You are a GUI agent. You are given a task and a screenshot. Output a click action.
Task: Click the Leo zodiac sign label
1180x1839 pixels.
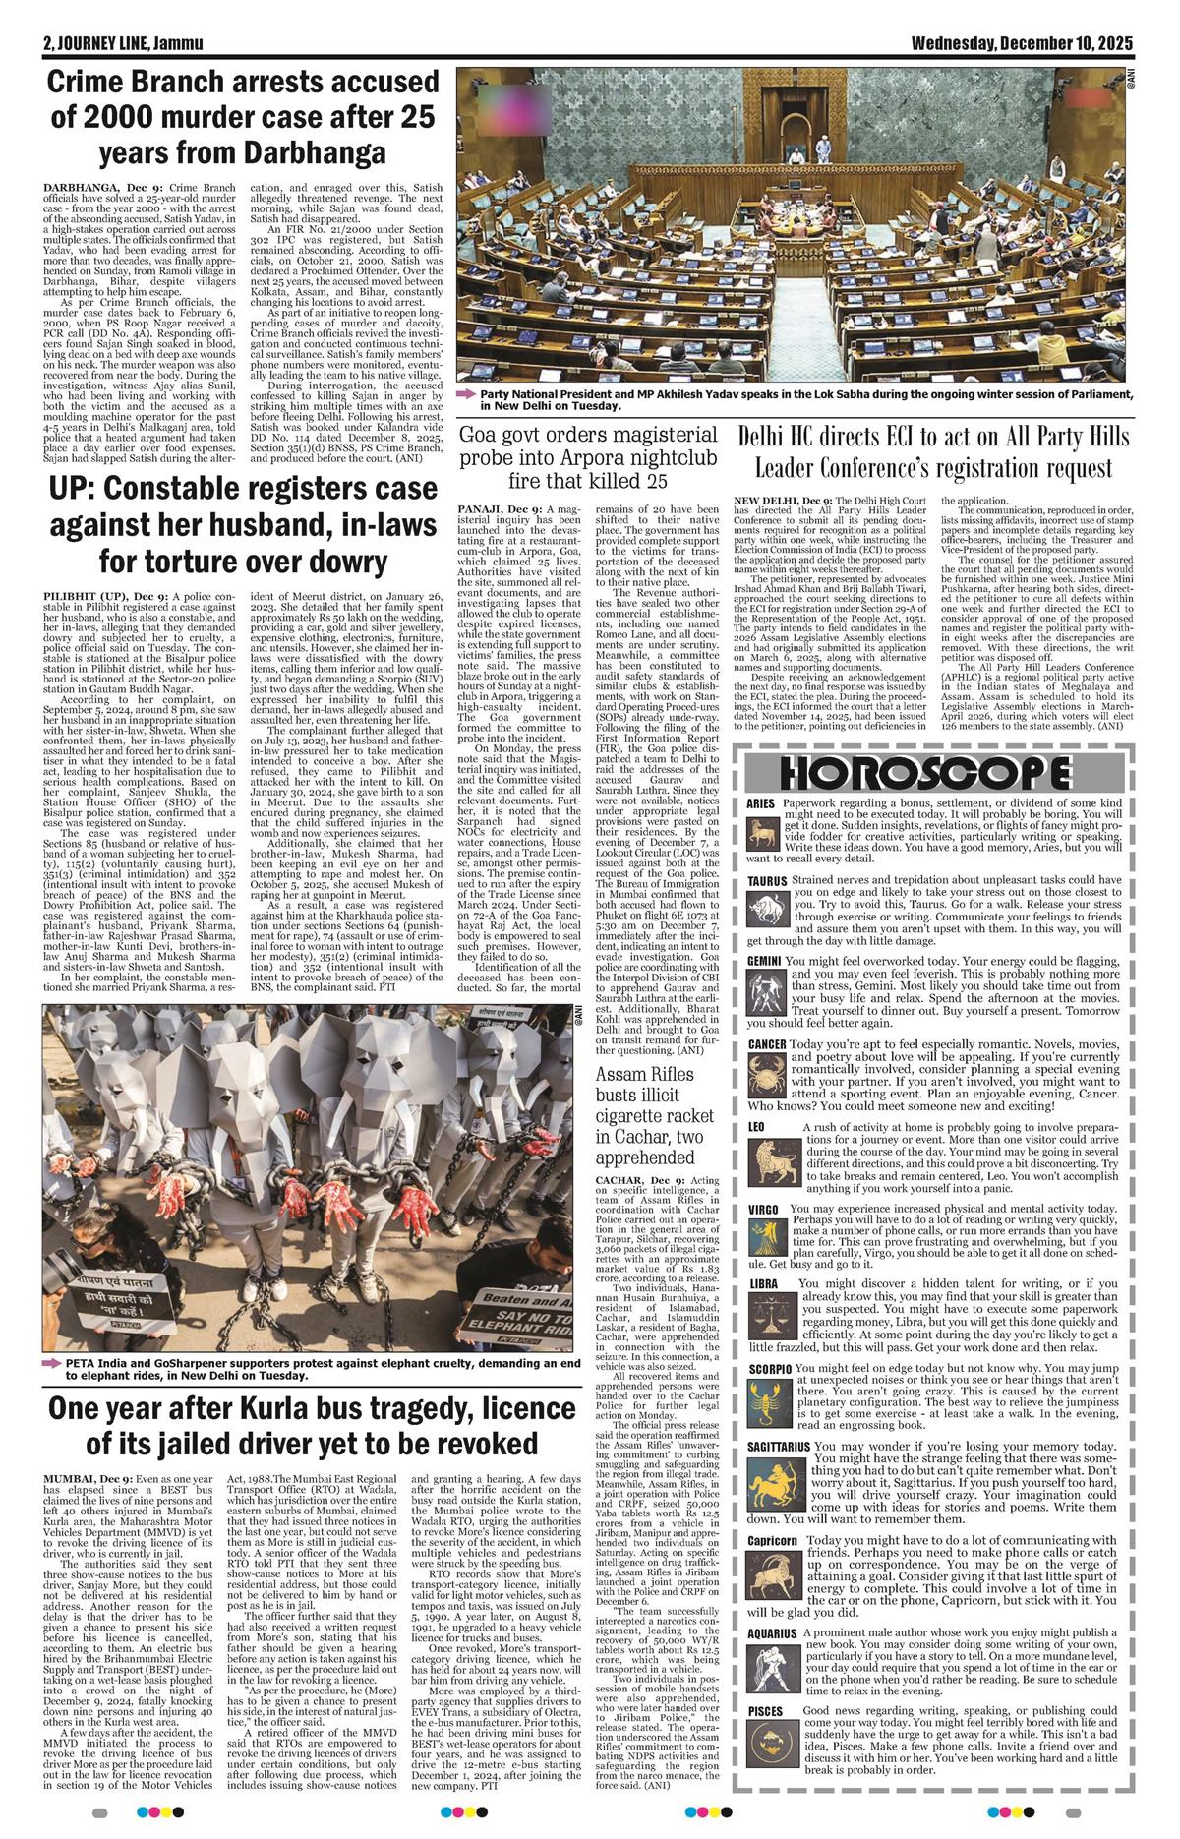756,1125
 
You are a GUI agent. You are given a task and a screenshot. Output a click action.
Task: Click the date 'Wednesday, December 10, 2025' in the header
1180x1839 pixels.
1022,43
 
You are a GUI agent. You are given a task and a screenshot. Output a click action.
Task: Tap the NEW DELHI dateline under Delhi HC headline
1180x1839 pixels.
773,500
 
